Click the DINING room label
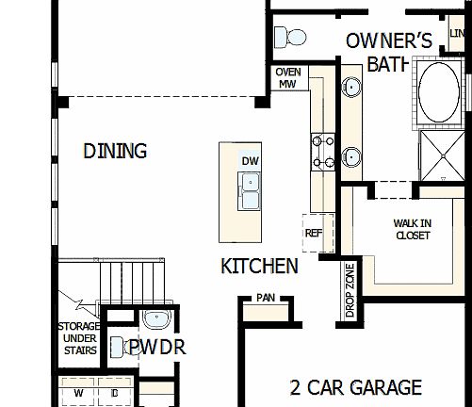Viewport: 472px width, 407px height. point(116,151)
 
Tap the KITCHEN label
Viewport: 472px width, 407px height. point(259,266)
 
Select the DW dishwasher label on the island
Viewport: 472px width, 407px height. point(250,161)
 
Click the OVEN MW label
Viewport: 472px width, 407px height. point(287,77)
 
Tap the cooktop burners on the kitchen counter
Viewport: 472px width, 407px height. point(322,152)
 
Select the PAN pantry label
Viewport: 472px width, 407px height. point(266,299)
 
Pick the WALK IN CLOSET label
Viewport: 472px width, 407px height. point(412,229)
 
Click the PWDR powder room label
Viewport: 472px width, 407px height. point(157,348)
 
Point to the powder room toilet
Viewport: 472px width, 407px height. point(117,347)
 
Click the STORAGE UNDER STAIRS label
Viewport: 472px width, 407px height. point(79,339)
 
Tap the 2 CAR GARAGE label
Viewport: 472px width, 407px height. point(355,387)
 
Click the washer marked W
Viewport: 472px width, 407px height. point(79,393)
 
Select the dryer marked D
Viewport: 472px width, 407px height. point(113,393)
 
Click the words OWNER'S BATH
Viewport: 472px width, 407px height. point(389,52)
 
